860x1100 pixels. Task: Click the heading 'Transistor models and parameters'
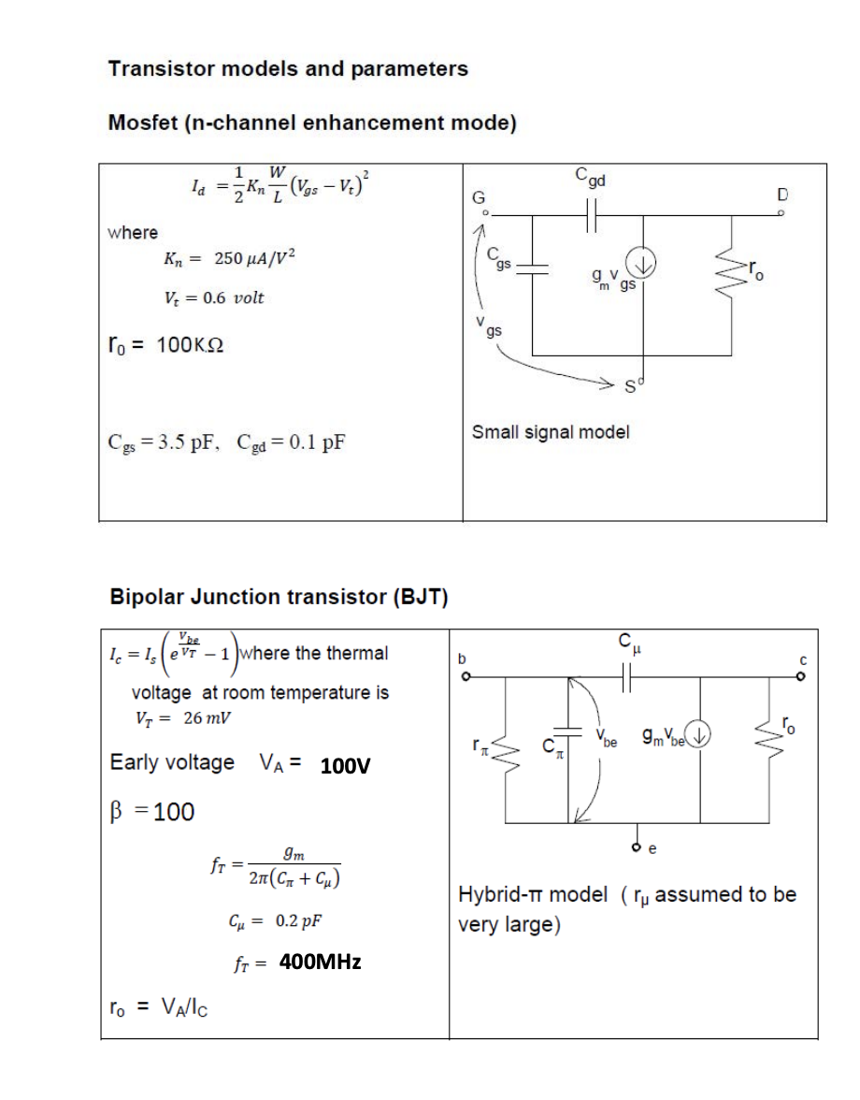289,69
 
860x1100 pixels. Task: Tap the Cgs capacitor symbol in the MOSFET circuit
533,267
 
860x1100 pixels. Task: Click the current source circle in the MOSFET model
644,267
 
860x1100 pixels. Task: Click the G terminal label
479,197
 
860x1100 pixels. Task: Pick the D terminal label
782,195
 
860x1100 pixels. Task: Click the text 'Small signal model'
550,432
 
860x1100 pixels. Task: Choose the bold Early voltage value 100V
345,767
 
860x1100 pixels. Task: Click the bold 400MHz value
320,962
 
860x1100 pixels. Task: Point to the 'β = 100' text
152,811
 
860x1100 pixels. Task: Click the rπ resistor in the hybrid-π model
506,746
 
